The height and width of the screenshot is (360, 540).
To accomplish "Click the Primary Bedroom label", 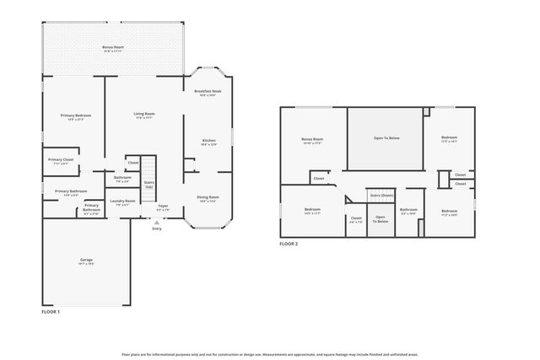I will click(75, 116).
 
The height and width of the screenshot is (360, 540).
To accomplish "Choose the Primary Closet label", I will click(60, 161).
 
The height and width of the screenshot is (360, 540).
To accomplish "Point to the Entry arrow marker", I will click(156, 221).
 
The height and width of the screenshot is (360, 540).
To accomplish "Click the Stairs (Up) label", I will click(148, 184).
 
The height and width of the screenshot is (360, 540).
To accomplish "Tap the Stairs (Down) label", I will click(381, 195).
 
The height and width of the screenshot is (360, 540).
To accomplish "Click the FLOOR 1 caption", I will click(51, 312).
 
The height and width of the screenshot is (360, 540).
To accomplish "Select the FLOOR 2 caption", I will click(289, 244).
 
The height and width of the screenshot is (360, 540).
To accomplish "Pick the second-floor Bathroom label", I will click(408, 211).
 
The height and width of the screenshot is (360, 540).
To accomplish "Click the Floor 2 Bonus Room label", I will click(312, 141).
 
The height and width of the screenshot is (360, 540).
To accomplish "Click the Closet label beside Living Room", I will click(133, 162).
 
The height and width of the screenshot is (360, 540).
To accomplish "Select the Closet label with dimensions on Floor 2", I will click(355, 220).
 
